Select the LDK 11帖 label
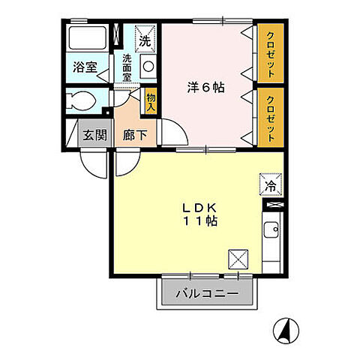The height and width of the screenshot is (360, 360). point(197,214)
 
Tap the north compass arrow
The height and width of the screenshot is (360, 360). point(285,328)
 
